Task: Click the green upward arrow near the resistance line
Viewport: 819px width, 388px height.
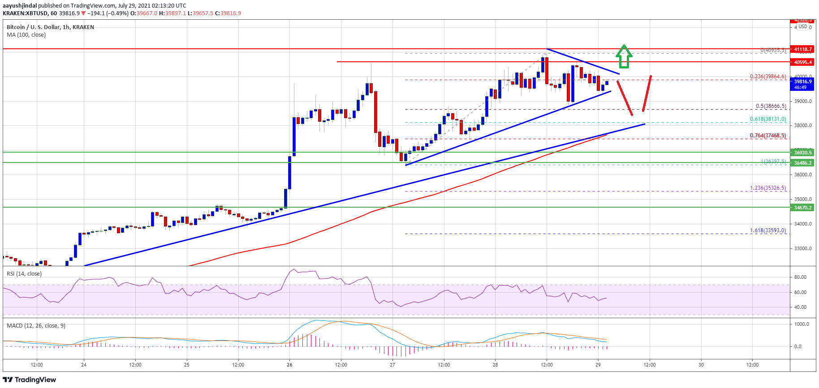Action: click(x=624, y=56)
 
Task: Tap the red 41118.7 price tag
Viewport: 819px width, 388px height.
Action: click(x=803, y=49)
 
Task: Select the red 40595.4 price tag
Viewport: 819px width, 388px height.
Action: click(x=803, y=62)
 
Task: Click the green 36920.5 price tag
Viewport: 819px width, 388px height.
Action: click(x=803, y=153)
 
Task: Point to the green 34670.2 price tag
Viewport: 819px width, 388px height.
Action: click(x=803, y=208)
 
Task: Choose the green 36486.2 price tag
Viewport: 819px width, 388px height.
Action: click(x=803, y=163)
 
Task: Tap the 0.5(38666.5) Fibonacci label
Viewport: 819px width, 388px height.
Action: click(x=771, y=107)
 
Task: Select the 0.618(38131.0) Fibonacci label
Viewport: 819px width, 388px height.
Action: click(x=768, y=119)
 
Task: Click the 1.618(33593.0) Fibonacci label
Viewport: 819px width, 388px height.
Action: click(x=768, y=230)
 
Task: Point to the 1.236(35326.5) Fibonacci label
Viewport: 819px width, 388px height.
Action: click(x=768, y=188)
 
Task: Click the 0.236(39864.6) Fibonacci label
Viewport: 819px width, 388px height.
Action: click(x=768, y=77)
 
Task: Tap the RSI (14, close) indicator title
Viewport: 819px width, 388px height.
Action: click(x=24, y=274)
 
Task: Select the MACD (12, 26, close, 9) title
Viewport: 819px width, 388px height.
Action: click(x=36, y=326)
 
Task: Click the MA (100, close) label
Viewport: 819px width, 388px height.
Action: click(x=26, y=35)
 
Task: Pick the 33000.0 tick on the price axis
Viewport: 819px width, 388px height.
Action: click(x=802, y=248)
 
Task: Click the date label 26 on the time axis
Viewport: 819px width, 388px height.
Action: click(x=289, y=365)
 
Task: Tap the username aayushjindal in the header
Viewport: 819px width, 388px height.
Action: click(x=19, y=6)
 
